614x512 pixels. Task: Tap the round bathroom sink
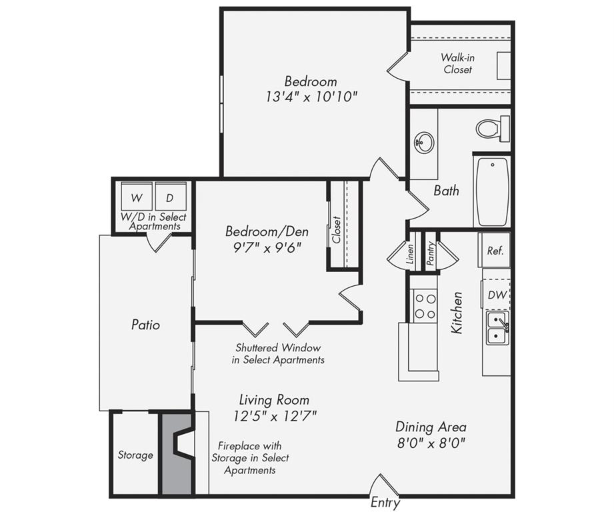[x=424, y=143]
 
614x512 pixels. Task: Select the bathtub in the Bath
[x=493, y=191]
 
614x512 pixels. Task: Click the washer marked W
[x=137, y=197]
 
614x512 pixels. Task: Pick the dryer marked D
[x=171, y=197]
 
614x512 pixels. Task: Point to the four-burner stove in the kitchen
[x=425, y=306]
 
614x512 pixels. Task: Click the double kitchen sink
[x=498, y=329]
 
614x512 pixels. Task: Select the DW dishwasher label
[x=497, y=295]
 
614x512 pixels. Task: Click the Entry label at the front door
[x=385, y=502]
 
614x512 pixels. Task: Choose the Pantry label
[x=431, y=253]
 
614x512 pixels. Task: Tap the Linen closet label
[x=410, y=255]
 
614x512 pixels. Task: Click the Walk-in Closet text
[x=458, y=63]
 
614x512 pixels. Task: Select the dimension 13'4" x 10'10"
[x=312, y=96]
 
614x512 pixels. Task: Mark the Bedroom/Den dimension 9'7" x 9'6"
[x=267, y=247]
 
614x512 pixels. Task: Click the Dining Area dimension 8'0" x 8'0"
[x=431, y=443]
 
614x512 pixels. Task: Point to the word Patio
[x=146, y=325]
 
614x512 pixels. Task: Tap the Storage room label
[x=135, y=455]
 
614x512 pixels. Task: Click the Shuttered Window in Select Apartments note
[x=278, y=353]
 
